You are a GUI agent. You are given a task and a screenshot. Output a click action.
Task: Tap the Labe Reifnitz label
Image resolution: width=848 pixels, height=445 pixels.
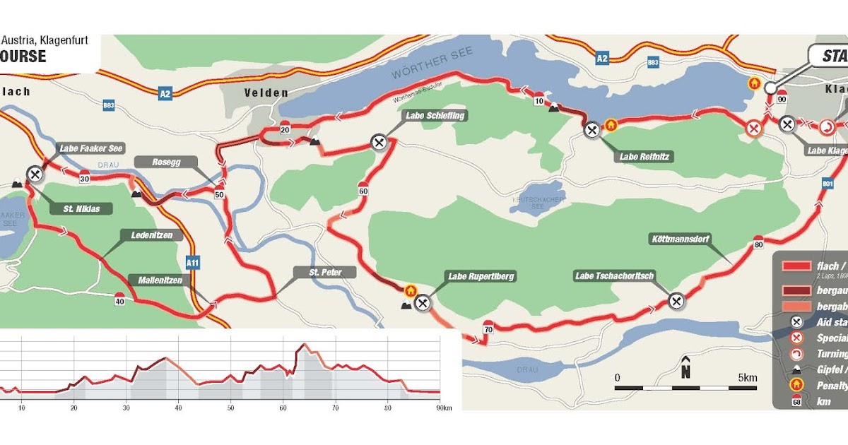644,157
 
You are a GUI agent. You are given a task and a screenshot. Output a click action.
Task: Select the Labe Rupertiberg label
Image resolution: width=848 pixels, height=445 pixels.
481,276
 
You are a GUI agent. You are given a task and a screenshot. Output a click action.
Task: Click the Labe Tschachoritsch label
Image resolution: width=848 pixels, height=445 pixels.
614,275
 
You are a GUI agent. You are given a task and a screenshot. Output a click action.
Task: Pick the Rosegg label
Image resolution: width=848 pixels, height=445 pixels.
167,162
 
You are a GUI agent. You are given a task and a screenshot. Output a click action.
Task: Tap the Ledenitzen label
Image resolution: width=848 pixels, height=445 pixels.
147,235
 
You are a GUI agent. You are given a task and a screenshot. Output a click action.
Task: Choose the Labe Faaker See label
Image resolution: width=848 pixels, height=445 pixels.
91,148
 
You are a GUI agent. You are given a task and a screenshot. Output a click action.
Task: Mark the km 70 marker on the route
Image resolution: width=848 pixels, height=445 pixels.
488,329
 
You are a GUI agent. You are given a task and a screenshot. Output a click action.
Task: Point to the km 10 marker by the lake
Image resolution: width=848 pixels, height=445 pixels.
538,101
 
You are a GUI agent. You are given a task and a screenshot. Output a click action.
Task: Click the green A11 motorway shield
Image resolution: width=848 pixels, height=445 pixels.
192,263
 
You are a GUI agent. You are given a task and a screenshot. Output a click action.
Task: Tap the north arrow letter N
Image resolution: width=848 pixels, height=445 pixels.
685,372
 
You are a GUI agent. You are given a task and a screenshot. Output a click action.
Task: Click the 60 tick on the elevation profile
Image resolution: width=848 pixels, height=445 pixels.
283,408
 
